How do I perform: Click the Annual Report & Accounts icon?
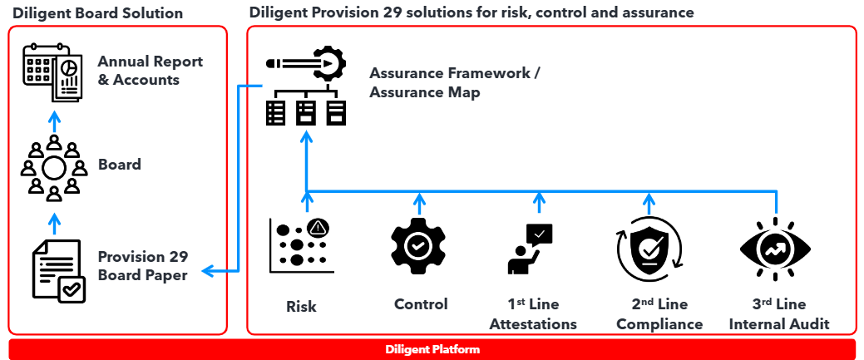[52, 72]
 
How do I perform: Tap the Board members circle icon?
[54, 168]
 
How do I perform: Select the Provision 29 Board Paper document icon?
[57, 269]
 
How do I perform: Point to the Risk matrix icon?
[299, 246]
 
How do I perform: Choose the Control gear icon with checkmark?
[419, 245]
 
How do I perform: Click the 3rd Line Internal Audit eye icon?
[776, 247]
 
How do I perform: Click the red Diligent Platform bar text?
[432, 350]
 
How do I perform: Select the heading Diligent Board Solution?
[97, 13]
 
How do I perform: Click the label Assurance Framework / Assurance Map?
[455, 82]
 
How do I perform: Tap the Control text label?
[421, 304]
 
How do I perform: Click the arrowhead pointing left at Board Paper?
[209, 271]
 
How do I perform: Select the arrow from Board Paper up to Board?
[54, 223]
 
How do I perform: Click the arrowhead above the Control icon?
[420, 200]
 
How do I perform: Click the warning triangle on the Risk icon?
[318, 226]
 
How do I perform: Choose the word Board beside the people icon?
[119, 165]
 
